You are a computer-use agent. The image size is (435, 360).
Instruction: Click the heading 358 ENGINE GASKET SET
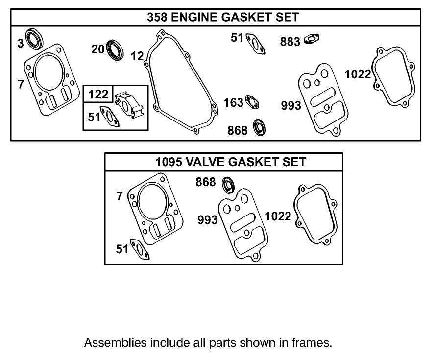pos(223,17)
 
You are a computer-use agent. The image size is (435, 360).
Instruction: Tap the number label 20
pos(97,49)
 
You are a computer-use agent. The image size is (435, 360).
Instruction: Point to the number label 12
pos(137,56)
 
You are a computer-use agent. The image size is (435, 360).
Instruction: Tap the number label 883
pos(290,42)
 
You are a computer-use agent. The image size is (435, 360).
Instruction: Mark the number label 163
pos(234,102)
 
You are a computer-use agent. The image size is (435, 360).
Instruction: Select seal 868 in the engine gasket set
pos(259,128)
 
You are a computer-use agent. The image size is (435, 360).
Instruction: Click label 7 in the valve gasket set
pos(120,196)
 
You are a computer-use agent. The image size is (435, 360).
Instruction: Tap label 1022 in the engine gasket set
pos(358,74)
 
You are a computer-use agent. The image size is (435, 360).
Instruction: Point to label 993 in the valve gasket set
pos(207,220)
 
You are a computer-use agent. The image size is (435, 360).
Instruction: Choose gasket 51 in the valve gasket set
pos(141,250)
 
